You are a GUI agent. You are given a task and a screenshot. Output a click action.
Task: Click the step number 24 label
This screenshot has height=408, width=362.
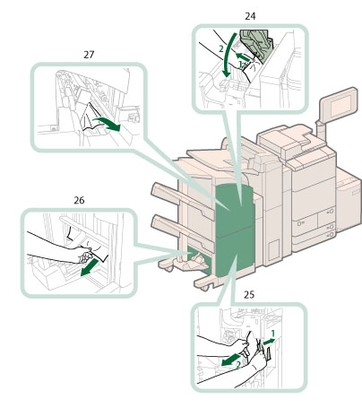[x=250, y=16]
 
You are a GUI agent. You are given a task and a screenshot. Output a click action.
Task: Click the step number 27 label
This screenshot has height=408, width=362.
[x=89, y=55]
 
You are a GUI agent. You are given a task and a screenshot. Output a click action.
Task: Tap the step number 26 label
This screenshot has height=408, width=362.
[x=79, y=200]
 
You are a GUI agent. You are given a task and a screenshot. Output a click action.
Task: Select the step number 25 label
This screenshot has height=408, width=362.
[x=249, y=295]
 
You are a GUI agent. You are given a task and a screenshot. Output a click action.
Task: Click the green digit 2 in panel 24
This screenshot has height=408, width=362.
[x=221, y=48]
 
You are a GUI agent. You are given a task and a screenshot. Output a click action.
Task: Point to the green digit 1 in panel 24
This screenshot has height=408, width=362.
[x=241, y=64]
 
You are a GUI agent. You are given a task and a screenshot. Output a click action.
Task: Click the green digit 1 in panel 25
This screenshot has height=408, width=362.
[x=272, y=333]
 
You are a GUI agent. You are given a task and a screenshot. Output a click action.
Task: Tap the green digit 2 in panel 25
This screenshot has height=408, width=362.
[x=238, y=365]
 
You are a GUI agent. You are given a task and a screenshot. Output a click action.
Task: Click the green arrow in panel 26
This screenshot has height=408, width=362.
[x=90, y=267]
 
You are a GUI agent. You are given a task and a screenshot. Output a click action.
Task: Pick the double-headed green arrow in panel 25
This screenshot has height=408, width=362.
[x=269, y=342]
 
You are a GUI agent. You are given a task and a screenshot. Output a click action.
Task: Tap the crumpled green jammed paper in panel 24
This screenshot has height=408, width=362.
[x=257, y=45]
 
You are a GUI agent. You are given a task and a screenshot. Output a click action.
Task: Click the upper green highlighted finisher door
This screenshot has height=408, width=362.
[x=234, y=206]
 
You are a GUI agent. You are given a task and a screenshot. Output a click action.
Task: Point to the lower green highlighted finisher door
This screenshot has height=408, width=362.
[x=235, y=252]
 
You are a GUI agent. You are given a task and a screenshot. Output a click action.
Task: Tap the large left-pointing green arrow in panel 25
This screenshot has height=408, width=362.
[x=230, y=360]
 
